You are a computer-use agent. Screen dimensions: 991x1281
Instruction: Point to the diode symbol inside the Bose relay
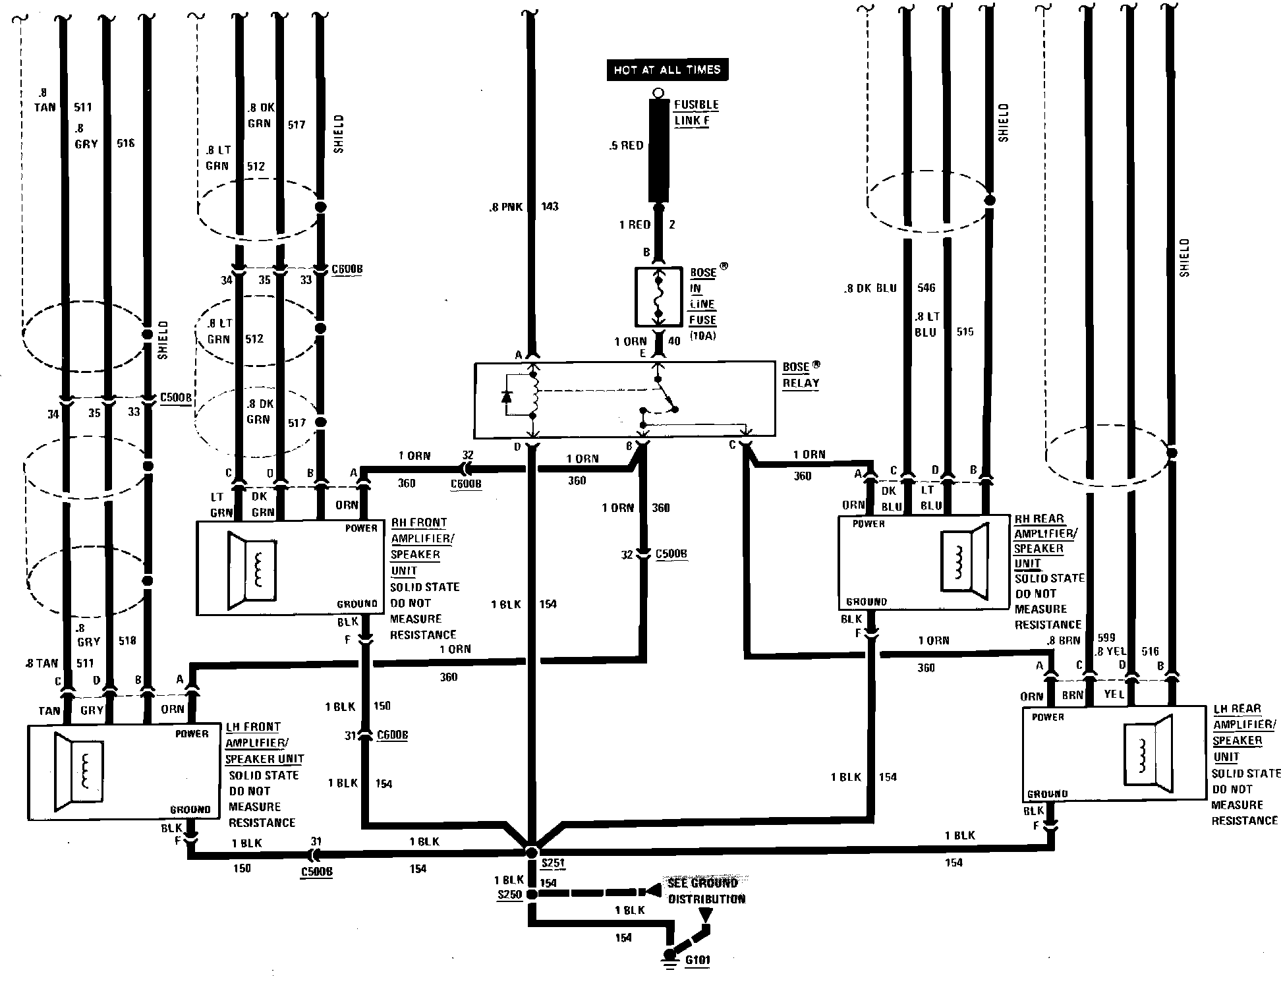506,396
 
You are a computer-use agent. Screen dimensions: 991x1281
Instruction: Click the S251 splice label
552,863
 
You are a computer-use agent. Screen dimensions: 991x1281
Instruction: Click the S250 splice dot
532,894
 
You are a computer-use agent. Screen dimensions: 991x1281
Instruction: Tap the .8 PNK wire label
505,207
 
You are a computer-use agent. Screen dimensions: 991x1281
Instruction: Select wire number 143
550,207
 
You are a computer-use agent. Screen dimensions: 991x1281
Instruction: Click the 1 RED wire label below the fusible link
634,225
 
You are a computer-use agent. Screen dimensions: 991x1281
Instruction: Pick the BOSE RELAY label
801,374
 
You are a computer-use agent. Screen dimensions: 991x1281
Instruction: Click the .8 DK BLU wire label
870,288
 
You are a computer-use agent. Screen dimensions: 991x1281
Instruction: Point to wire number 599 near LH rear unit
1106,638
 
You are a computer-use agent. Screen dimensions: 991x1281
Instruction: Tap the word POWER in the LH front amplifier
192,733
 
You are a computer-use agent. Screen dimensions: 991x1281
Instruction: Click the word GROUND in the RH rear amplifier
866,602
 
